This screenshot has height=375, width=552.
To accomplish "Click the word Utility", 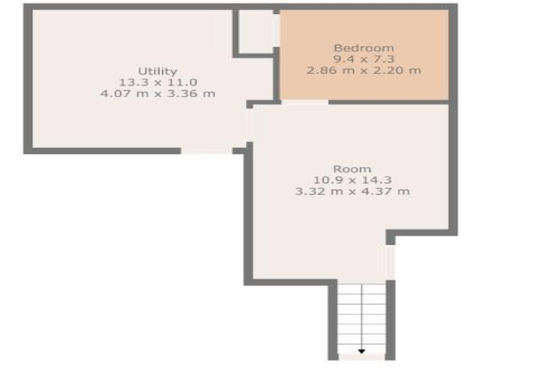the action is [x=157, y=72].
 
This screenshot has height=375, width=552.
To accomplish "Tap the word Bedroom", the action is [x=364, y=48].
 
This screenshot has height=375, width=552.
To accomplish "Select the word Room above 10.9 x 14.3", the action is [x=352, y=169].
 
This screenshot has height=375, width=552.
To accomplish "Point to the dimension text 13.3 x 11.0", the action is [x=158, y=82].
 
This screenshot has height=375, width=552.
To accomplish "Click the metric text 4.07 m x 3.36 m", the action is [x=158, y=94].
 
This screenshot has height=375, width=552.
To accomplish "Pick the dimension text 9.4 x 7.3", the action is [x=364, y=59].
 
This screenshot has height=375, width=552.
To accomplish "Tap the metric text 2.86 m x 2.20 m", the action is [x=364, y=70].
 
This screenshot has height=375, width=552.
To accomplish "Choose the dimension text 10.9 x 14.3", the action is [x=353, y=180].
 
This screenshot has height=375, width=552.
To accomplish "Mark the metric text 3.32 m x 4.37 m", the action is [x=353, y=192].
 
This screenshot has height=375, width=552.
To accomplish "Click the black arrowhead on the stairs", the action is [x=361, y=352].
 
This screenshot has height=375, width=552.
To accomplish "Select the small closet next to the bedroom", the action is [x=256, y=31].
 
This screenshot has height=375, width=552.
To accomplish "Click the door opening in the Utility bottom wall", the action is [x=207, y=151].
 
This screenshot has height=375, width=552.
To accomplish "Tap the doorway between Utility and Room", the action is [x=250, y=125].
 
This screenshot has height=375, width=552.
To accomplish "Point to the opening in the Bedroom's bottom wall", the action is [x=305, y=102].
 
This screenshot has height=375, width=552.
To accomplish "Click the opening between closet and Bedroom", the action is [x=276, y=30].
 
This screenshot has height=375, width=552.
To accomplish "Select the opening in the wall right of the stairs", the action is [x=390, y=262].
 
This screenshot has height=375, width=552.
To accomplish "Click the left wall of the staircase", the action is [x=333, y=320].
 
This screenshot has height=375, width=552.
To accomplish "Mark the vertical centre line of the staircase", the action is [x=361, y=317].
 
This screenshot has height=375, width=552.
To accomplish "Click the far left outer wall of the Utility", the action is [x=28, y=79].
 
